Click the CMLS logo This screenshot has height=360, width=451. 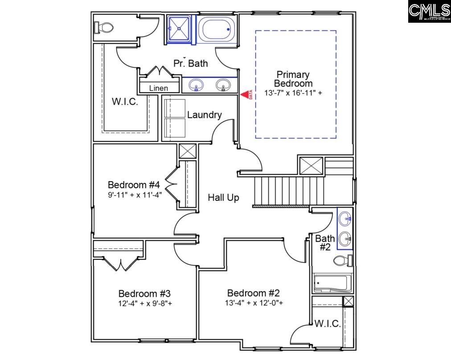429,12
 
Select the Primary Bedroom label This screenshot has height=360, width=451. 293,79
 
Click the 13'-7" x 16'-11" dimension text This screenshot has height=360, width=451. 293,93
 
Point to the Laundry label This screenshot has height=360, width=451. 204,115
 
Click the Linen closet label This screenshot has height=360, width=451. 158,88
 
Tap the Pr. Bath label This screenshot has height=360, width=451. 191,63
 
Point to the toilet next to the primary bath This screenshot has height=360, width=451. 104,28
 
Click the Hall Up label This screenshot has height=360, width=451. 223,197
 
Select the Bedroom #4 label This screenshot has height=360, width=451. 134,184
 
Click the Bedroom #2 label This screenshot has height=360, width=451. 253,293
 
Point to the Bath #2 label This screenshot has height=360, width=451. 325,242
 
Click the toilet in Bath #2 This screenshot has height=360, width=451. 343,261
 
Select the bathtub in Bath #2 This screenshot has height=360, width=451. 332,282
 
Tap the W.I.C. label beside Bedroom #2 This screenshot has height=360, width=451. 328,324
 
